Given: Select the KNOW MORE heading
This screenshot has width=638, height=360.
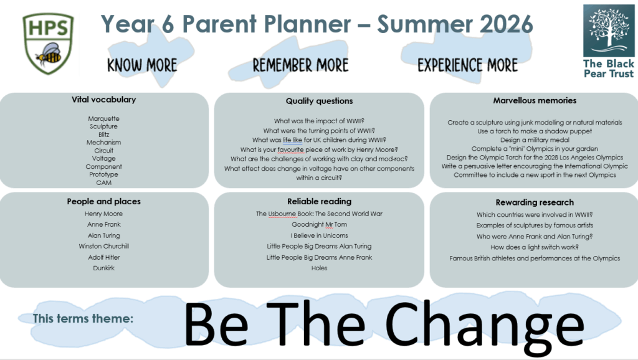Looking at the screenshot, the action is coord(142,65).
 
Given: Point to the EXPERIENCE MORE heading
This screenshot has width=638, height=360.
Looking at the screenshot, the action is coord(467,65).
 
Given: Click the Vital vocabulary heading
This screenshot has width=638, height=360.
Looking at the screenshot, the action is coord(104,100).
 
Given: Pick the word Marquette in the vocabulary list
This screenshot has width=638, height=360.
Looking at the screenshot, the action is coord(104,118).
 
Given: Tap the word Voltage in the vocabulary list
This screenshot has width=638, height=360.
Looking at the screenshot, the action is coord(104,158).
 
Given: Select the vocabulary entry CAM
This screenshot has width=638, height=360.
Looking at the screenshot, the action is coord(104,182).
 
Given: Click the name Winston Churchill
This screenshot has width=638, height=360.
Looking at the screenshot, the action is coord(104,246).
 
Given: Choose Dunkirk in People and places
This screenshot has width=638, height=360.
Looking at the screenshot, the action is coord(104,268).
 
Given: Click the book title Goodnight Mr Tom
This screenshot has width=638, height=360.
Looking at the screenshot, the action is coord(320,225).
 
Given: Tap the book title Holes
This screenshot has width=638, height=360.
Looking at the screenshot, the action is coord(320,268).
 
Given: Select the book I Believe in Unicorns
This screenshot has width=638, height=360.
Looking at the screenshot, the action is coord(320,235).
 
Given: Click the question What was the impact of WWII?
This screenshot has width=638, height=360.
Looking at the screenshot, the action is coord(319,121).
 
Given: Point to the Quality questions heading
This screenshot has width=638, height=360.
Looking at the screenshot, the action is coord(320,101).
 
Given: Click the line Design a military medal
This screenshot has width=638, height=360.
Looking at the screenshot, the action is coord(535,140).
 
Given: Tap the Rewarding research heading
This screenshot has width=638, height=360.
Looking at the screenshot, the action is coord(535,202).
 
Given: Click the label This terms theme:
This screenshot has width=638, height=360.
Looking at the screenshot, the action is coord(83,318).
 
